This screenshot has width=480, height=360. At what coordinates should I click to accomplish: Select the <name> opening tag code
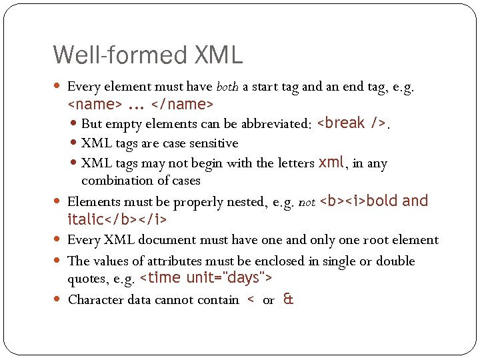coord(95,105)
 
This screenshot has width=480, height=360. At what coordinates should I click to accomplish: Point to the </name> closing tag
coord(182,105)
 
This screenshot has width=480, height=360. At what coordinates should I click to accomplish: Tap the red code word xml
coord(331,163)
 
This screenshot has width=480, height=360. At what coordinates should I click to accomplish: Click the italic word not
coord(307,201)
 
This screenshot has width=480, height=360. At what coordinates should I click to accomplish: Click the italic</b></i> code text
coord(117,219)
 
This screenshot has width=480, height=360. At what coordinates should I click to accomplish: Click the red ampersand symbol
coord(288,299)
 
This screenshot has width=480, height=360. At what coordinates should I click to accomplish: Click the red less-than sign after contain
coord(250,300)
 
